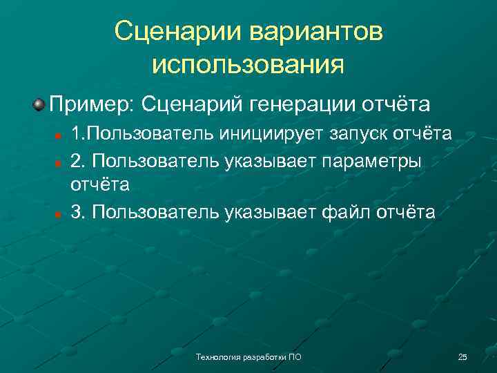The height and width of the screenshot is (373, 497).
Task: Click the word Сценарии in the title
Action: click(x=182, y=31)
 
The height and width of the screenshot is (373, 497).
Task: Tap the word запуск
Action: click(x=345, y=133)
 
